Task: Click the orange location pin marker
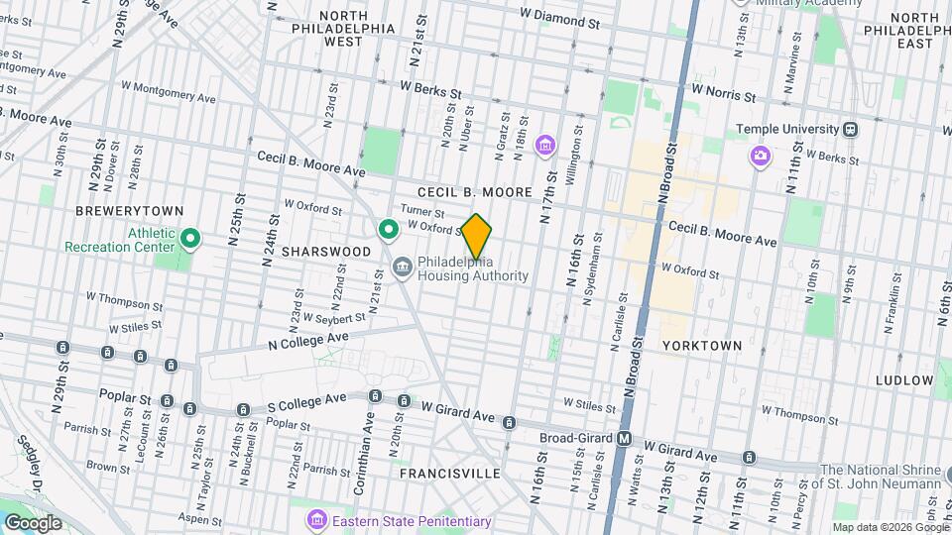477,237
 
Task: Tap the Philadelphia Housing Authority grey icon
403,267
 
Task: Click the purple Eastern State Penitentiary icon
316,519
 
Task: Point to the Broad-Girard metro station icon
625,438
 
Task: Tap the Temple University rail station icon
850,130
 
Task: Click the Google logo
33,522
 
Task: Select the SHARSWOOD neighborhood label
325,253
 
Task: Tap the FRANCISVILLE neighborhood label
450,474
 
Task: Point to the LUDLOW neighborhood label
904,380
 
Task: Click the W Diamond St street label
560,19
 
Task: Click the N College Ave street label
308,340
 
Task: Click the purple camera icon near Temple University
761,156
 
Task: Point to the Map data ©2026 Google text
890,527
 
